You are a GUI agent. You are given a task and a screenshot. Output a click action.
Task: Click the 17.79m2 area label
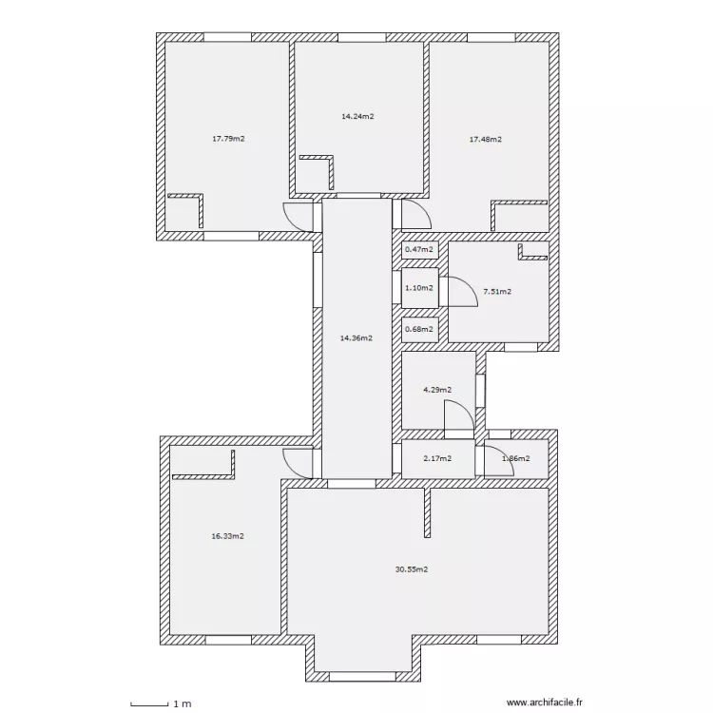tap(228, 139)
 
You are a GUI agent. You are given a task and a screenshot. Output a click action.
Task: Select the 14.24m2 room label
tap(357, 117)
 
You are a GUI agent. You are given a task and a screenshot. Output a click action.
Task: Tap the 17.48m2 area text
tap(485, 139)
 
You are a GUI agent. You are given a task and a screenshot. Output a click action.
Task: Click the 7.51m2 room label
tap(497, 292)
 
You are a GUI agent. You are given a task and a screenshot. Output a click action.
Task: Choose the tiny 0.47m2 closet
tap(419, 250)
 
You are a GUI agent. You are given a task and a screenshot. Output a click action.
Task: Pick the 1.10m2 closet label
tap(419, 288)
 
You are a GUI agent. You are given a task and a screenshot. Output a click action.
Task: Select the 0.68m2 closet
tap(419, 330)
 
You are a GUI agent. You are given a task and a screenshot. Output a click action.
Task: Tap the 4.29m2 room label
tap(436, 390)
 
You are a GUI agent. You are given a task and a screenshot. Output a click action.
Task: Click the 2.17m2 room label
tap(436, 459)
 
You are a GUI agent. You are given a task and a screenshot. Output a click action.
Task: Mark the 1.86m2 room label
tap(514, 459)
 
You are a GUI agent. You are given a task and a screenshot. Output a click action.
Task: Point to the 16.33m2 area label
tap(227, 536)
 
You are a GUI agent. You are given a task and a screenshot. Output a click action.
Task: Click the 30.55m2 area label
tap(411, 570)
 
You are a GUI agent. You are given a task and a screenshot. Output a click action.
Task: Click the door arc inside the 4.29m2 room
tap(460, 414)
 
